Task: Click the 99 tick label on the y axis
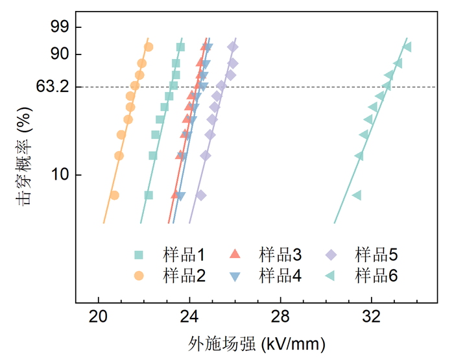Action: (x=60, y=27)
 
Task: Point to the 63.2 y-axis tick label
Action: (x=53, y=87)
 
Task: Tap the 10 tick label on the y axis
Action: (x=60, y=174)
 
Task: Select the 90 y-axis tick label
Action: (x=60, y=54)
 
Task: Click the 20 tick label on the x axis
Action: (x=98, y=317)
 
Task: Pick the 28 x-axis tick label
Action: (x=280, y=317)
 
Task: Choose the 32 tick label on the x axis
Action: (x=372, y=317)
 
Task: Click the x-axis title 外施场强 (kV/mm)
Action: (x=256, y=344)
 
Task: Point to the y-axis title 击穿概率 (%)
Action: (x=24, y=156)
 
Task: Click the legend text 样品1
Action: (x=184, y=255)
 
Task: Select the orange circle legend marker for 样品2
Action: (x=139, y=276)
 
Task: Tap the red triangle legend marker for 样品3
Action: (x=235, y=254)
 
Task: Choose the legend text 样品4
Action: (x=280, y=276)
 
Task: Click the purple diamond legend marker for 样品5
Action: (x=331, y=255)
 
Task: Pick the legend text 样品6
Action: (x=376, y=276)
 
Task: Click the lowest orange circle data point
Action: (x=115, y=195)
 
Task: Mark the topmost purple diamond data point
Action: (x=233, y=47)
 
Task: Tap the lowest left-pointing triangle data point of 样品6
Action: (x=357, y=195)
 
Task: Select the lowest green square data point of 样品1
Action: (x=149, y=195)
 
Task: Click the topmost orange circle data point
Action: (x=149, y=47)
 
